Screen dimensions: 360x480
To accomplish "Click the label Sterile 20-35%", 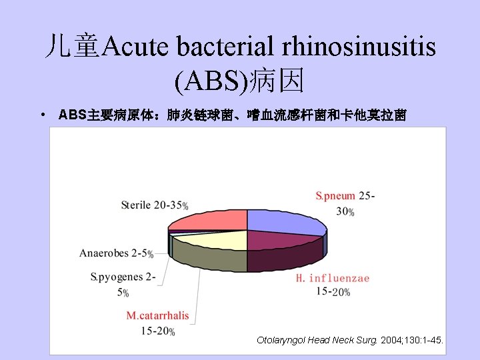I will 154,205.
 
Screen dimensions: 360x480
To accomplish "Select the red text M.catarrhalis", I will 158,315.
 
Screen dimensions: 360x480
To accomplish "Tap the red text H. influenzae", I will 333,277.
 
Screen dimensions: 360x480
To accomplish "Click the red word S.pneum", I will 335,196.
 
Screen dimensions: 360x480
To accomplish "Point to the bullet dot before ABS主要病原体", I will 42,115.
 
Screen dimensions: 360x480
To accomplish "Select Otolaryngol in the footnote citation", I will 281,341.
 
